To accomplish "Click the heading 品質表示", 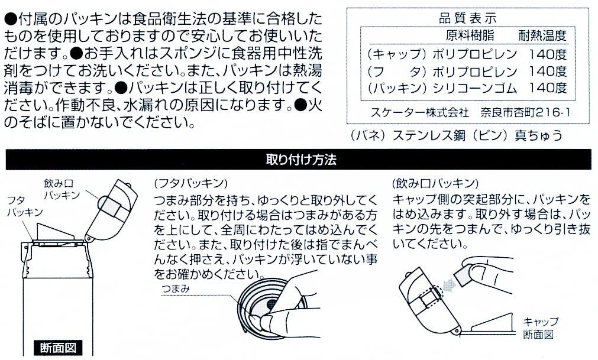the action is coord(467,18).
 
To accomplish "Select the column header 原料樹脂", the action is coord(470,35).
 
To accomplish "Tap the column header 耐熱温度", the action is coord(542,35).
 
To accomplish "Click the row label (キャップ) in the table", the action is coord(396,54).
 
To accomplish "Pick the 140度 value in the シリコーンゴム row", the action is coord(548,88).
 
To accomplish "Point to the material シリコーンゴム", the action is coord(475,88).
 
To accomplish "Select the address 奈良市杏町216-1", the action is coord(525,112).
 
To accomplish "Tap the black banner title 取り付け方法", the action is coord(301,160).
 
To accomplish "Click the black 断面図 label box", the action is coord(58,348).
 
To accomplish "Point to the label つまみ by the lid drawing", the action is coord(176,288).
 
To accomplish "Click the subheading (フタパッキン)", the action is coord(190,184).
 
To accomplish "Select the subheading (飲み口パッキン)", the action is coord(435,184).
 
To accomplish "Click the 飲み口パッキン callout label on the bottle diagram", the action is coord(62,189).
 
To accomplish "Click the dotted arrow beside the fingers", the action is coord(450,284).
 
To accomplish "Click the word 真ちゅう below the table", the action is coord(538,135).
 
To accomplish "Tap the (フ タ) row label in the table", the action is coord(396,72).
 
